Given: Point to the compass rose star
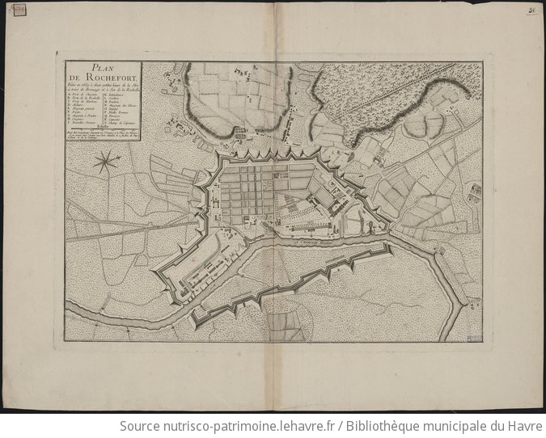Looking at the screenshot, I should (x=104, y=163).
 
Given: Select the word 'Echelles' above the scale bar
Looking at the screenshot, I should (x=101, y=127).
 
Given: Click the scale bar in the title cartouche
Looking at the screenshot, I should (x=101, y=131).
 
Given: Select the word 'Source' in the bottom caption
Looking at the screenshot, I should (x=140, y=426).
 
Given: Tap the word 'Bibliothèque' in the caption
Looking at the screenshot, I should (x=384, y=426).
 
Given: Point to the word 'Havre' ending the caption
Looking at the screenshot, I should (x=521, y=426).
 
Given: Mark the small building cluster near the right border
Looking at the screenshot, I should (x=476, y=191).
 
